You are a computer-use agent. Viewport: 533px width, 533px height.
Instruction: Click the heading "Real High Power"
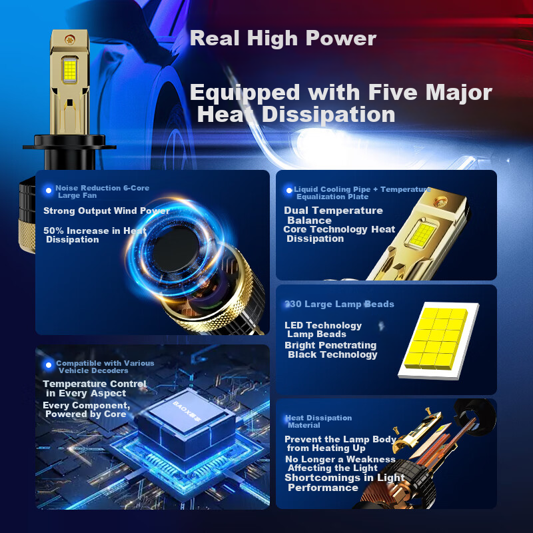pos(282,39)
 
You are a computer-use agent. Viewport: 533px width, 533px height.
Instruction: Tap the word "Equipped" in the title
pos(245,93)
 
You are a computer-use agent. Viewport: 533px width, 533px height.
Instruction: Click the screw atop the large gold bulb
pos(71,40)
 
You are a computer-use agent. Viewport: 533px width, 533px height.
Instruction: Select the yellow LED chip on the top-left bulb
pos(70,70)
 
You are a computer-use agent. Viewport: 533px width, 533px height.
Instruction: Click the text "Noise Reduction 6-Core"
pos(103,188)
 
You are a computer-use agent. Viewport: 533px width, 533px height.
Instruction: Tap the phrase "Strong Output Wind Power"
pos(107,211)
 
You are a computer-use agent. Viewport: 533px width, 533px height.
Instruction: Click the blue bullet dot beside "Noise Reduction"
pos(49,191)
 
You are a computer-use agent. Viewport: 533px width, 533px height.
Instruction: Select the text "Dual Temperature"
pos(333,211)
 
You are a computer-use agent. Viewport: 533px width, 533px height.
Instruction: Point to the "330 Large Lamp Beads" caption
pos(339,304)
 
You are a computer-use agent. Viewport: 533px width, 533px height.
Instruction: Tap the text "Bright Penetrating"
pos(330,345)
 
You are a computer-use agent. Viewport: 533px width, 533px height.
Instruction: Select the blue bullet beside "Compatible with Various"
pos(49,365)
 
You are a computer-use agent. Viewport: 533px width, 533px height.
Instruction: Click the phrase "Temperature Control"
pos(95,384)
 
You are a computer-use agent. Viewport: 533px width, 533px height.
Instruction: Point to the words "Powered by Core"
pos(86,414)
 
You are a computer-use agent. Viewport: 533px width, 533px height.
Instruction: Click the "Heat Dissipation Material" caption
pos(318,422)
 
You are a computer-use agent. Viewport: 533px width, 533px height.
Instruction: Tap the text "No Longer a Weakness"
pos(340,459)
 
